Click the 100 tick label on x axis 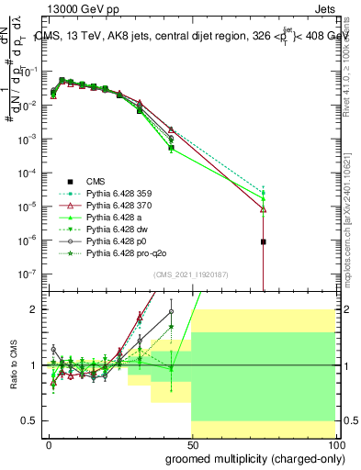(x=336, y=443)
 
